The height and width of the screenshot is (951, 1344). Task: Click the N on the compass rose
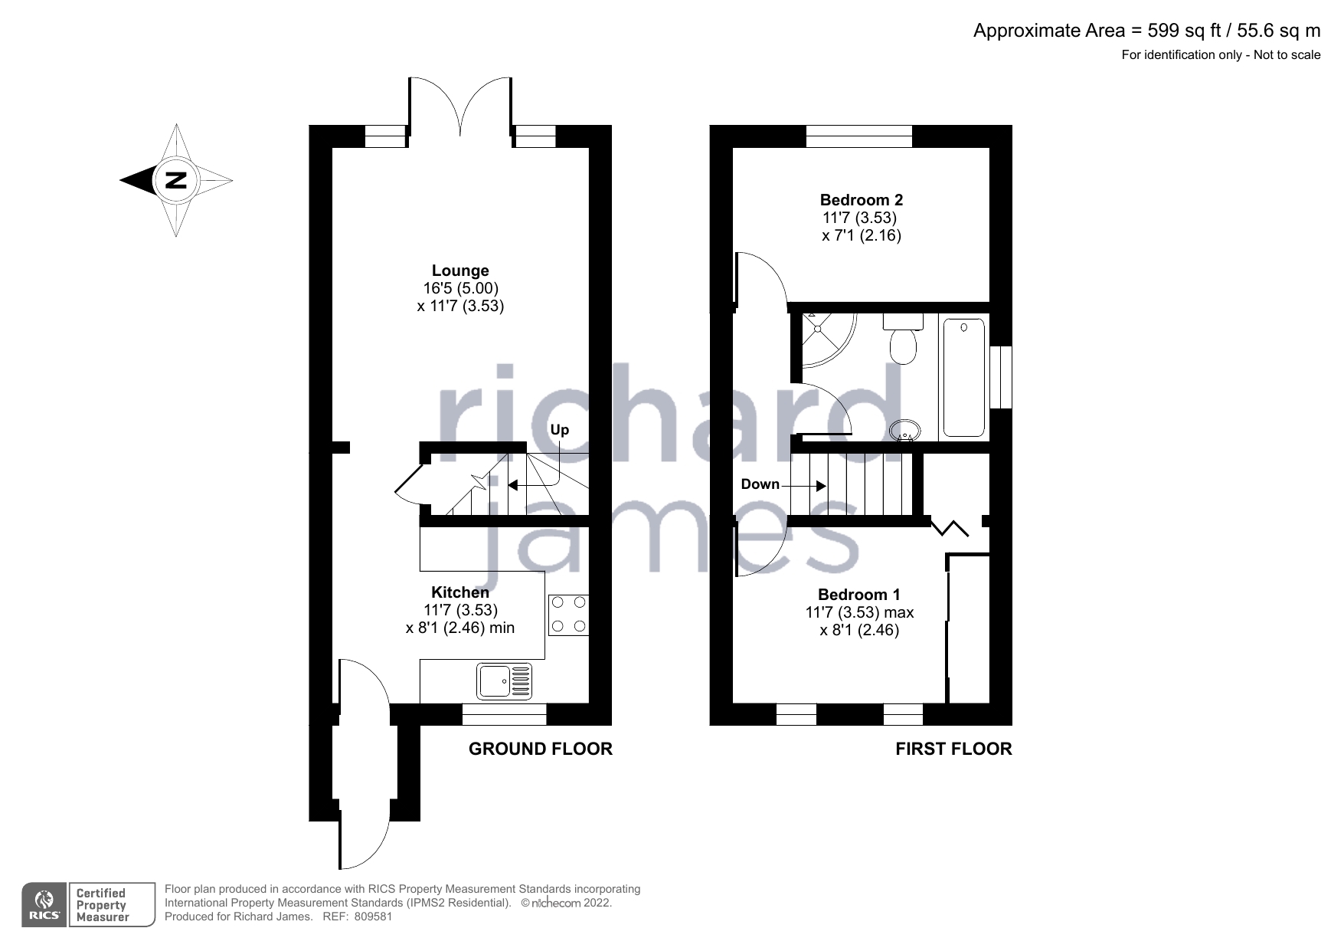[x=176, y=181]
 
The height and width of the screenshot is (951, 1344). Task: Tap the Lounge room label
[x=460, y=271]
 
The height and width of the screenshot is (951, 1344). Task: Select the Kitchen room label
[x=460, y=592]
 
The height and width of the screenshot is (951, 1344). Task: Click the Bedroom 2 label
[x=862, y=200]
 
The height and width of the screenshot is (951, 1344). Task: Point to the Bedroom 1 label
[x=859, y=595]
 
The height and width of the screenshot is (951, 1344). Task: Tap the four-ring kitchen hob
[x=569, y=615]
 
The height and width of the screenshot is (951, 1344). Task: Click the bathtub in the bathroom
[x=964, y=379]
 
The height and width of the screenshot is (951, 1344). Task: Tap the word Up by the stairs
[x=560, y=430]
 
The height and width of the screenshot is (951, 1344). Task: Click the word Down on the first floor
[x=760, y=484]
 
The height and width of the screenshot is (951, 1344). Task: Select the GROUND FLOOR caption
[x=541, y=749]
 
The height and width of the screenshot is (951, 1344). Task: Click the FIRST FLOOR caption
[x=953, y=749]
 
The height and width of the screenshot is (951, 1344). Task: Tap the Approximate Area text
[x=1146, y=31]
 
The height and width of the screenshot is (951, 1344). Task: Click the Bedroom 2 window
[x=859, y=136]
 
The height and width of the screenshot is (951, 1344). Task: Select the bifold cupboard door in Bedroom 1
[x=950, y=528]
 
